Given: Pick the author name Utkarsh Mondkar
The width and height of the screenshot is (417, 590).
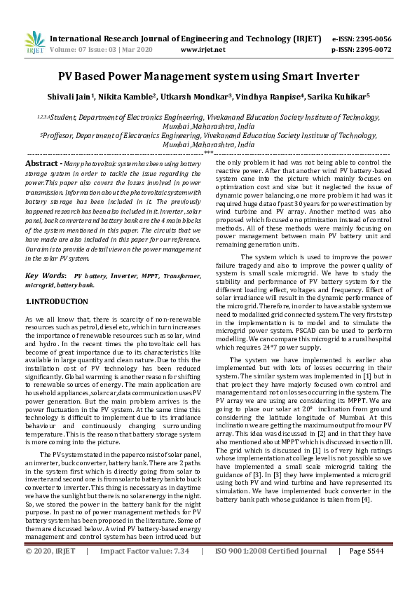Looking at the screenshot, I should (x=200, y=95).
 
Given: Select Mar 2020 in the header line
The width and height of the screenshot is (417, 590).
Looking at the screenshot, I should (x=138, y=50).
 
